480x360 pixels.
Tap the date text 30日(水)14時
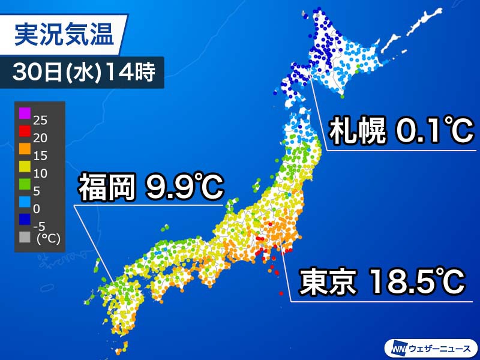(x=84, y=73)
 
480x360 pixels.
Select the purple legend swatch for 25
(x=25, y=112)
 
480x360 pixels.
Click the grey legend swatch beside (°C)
(x=25, y=236)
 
